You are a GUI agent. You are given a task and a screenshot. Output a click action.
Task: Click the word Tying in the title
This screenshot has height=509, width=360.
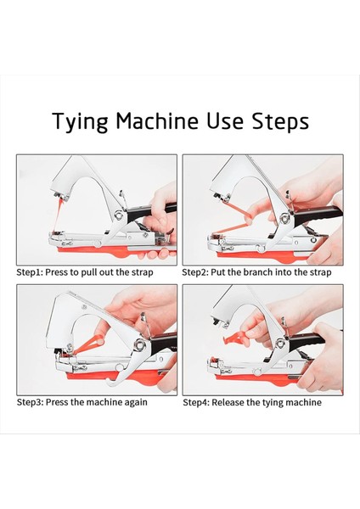coord(80,122)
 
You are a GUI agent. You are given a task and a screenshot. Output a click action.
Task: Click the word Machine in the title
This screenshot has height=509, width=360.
coord(157,120)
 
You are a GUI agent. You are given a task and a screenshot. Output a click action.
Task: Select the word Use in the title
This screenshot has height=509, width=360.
coord(225,120)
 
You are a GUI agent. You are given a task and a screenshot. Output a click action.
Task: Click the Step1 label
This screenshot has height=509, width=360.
coord(29,272)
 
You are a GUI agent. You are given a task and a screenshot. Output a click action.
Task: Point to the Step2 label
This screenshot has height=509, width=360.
coord(194,272)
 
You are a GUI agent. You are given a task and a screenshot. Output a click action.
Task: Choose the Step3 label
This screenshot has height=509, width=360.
coord(30,402)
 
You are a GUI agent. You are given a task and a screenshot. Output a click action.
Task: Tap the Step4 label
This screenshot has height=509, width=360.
coord(195,402)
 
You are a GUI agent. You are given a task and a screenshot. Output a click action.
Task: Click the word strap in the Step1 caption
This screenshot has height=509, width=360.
coord(142,272)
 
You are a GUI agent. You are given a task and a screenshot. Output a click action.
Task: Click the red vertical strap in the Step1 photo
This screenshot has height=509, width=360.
coord(58,215)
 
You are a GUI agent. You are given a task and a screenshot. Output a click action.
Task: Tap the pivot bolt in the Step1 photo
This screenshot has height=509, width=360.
coord(119,215)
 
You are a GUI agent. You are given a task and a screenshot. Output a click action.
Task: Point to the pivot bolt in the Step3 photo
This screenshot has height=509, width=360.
coord(140,344)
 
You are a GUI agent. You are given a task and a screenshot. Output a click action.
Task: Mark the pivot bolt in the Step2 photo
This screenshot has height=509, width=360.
coord(285,218)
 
